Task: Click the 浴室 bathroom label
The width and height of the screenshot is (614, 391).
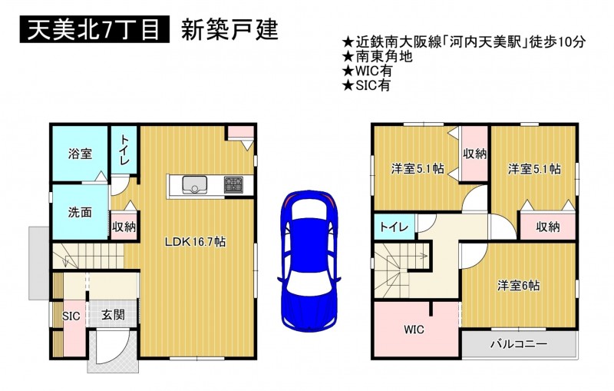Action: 81,153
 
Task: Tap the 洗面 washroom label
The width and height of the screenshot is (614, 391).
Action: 80,212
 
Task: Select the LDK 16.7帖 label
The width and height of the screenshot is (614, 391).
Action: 195,242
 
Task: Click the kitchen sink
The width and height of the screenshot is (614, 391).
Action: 195,184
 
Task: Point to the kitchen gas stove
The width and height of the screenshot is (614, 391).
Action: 233,184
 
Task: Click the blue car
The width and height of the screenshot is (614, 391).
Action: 309,261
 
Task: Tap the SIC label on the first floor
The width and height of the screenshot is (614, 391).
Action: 71,316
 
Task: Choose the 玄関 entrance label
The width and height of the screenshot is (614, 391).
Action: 113,315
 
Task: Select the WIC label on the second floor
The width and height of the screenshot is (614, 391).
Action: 414,330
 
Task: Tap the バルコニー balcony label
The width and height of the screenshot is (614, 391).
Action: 519,344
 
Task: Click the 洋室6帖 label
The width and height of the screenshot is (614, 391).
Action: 519,285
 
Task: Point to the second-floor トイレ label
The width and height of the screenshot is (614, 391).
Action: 394,227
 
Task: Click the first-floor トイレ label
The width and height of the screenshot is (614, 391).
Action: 124,149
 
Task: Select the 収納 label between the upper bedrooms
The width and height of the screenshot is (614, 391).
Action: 474,154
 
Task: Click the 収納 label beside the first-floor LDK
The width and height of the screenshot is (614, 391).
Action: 124,227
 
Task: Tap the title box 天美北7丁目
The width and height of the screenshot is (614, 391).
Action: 94,29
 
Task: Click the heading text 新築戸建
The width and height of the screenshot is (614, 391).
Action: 229,29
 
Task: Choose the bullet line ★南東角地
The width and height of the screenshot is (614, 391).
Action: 378,56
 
